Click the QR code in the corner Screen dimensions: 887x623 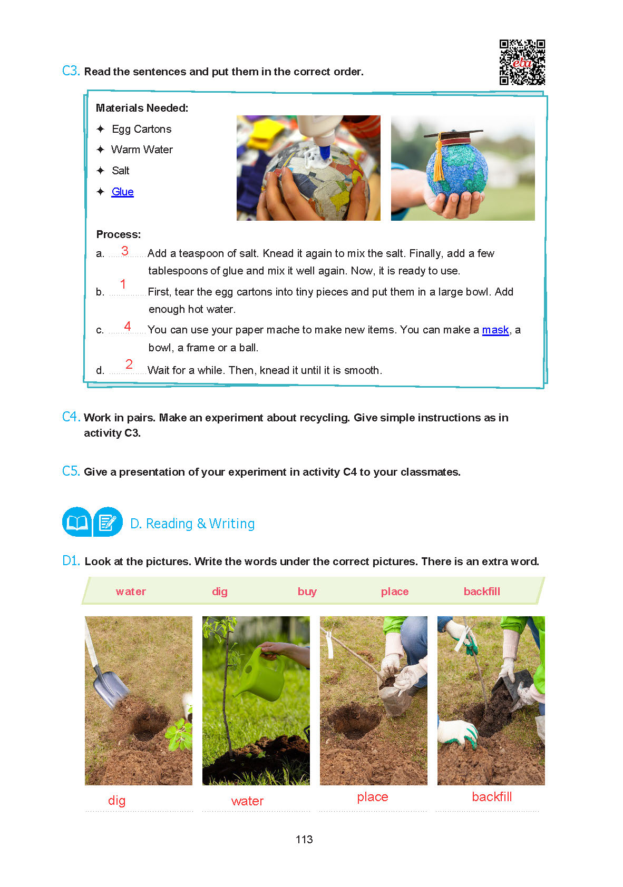[522, 62]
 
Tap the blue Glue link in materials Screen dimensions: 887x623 [122, 192]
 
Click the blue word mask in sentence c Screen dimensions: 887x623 [495, 330]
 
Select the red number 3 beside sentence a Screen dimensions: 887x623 [125, 251]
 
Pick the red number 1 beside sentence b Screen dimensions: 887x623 [123, 284]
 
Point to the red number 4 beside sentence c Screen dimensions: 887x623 [128, 327]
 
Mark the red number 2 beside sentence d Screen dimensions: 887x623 [129, 364]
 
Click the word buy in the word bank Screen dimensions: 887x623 [307, 592]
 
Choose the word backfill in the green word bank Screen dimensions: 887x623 [482, 592]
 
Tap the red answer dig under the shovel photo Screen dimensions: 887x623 [116, 801]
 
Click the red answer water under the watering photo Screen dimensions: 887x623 [247, 801]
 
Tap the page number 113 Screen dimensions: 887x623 [304, 840]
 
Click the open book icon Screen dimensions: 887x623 [76, 522]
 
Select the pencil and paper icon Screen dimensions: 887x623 [108, 522]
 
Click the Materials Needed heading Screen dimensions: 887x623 [142, 108]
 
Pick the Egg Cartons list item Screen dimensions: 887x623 [141, 129]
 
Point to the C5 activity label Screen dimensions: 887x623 [71, 471]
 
